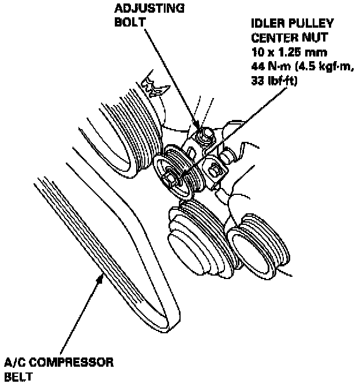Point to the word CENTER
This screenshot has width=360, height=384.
pos(271,38)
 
